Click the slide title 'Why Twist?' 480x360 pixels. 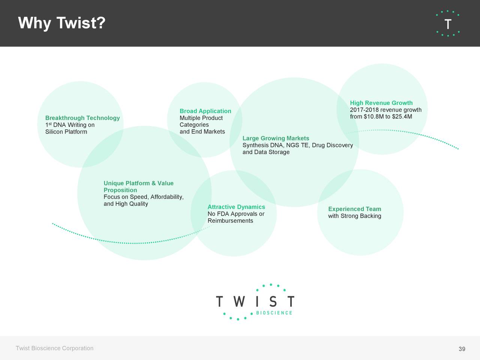point(62,23)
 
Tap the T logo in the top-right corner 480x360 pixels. point(448,24)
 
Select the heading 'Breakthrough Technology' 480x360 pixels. point(82,118)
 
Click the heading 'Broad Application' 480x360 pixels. point(205,111)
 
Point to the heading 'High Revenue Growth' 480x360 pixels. point(381,103)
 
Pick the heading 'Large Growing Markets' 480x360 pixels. point(276,138)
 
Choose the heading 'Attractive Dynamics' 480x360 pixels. point(236,207)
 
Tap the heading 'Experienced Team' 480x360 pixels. point(354,209)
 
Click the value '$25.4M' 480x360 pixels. point(402,117)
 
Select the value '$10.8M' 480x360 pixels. point(373,117)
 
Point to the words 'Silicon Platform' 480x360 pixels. point(66,132)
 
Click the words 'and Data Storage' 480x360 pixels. point(266,152)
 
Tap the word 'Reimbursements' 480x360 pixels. point(230,221)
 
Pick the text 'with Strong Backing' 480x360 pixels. point(354,216)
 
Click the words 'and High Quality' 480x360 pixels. point(126,204)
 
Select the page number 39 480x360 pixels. point(462,349)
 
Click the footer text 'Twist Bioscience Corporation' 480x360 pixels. point(54,348)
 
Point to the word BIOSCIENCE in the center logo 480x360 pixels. point(274,313)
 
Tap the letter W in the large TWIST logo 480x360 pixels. point(239,301)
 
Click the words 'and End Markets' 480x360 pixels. point(202,132)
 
